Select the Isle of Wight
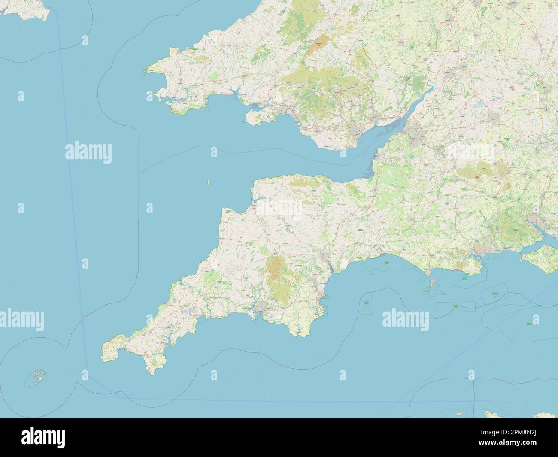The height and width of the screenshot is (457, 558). point(542,259)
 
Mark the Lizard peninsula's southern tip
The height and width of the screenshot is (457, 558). point(151,372)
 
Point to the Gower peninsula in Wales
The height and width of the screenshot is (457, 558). point(255,119)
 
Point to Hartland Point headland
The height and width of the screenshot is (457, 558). point(224,210)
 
